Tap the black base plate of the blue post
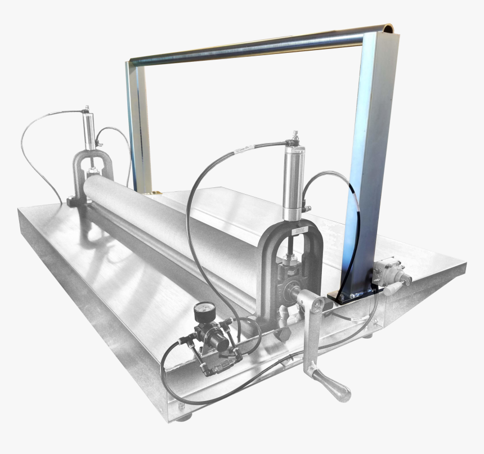[353, 295]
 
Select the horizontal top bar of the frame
[248, 47]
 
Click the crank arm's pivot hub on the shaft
[319, 304]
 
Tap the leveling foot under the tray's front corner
[182, 417]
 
